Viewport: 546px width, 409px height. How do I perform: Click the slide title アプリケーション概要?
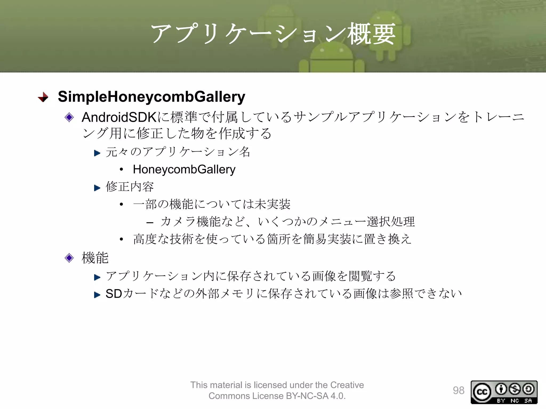[273, 34]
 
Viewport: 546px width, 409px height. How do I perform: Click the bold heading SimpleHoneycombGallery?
[151, 97]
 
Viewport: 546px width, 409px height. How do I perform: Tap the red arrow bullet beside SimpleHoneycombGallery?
[43, 97]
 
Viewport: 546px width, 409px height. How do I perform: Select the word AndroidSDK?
[119, 117]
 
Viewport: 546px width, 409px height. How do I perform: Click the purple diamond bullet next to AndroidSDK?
[69, 117]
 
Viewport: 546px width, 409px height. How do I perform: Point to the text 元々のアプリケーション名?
[178, 152]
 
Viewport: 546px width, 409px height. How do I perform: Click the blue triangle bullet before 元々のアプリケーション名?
[97, 153]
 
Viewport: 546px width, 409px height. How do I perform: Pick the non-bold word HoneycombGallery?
[184, 170]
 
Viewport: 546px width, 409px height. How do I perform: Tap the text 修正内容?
[130, 187]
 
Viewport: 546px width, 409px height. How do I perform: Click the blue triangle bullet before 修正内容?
[97, 188]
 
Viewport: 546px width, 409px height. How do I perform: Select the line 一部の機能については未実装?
[212, 204]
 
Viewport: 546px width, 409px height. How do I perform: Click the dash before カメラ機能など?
[150, 222]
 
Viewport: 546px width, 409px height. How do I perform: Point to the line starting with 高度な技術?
[272, 239]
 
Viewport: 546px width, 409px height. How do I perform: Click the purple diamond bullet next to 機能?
[69, 258]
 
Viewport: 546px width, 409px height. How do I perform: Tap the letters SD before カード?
[114, 294]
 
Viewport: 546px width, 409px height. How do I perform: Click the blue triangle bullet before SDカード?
[97, 295]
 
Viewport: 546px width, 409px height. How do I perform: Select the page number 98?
[459, 390]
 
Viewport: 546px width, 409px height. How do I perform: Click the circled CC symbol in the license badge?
[482, 392]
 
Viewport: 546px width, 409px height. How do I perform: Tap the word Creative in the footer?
[347, 385]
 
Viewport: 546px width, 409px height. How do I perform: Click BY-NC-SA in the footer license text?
[307, 396]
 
